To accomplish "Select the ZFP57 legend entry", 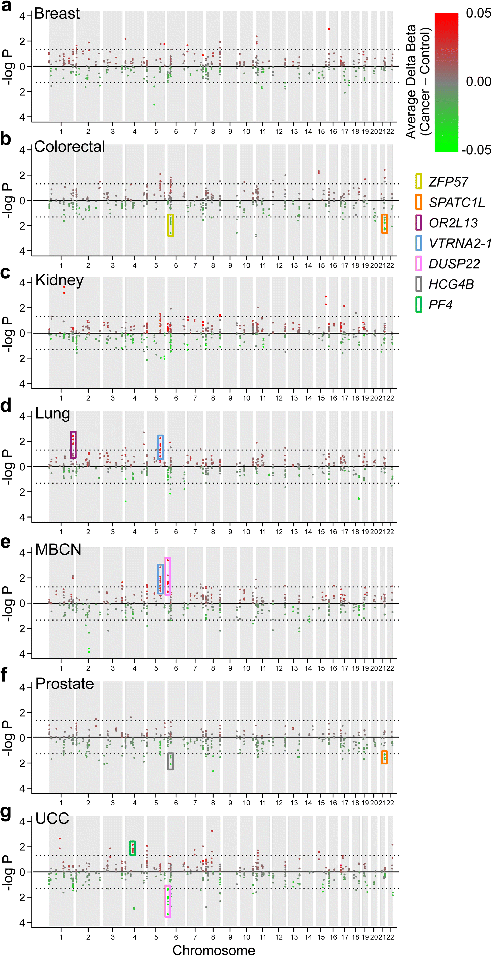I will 448,182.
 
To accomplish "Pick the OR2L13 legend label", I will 453,223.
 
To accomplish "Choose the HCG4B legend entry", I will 451,284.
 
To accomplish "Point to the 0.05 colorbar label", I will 478,13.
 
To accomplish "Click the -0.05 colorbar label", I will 476,150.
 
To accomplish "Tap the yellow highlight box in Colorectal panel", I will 171,225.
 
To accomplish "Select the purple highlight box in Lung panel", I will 73,445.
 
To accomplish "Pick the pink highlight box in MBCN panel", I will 168,576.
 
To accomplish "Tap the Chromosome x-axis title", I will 214,950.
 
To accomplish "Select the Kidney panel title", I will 59,280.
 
